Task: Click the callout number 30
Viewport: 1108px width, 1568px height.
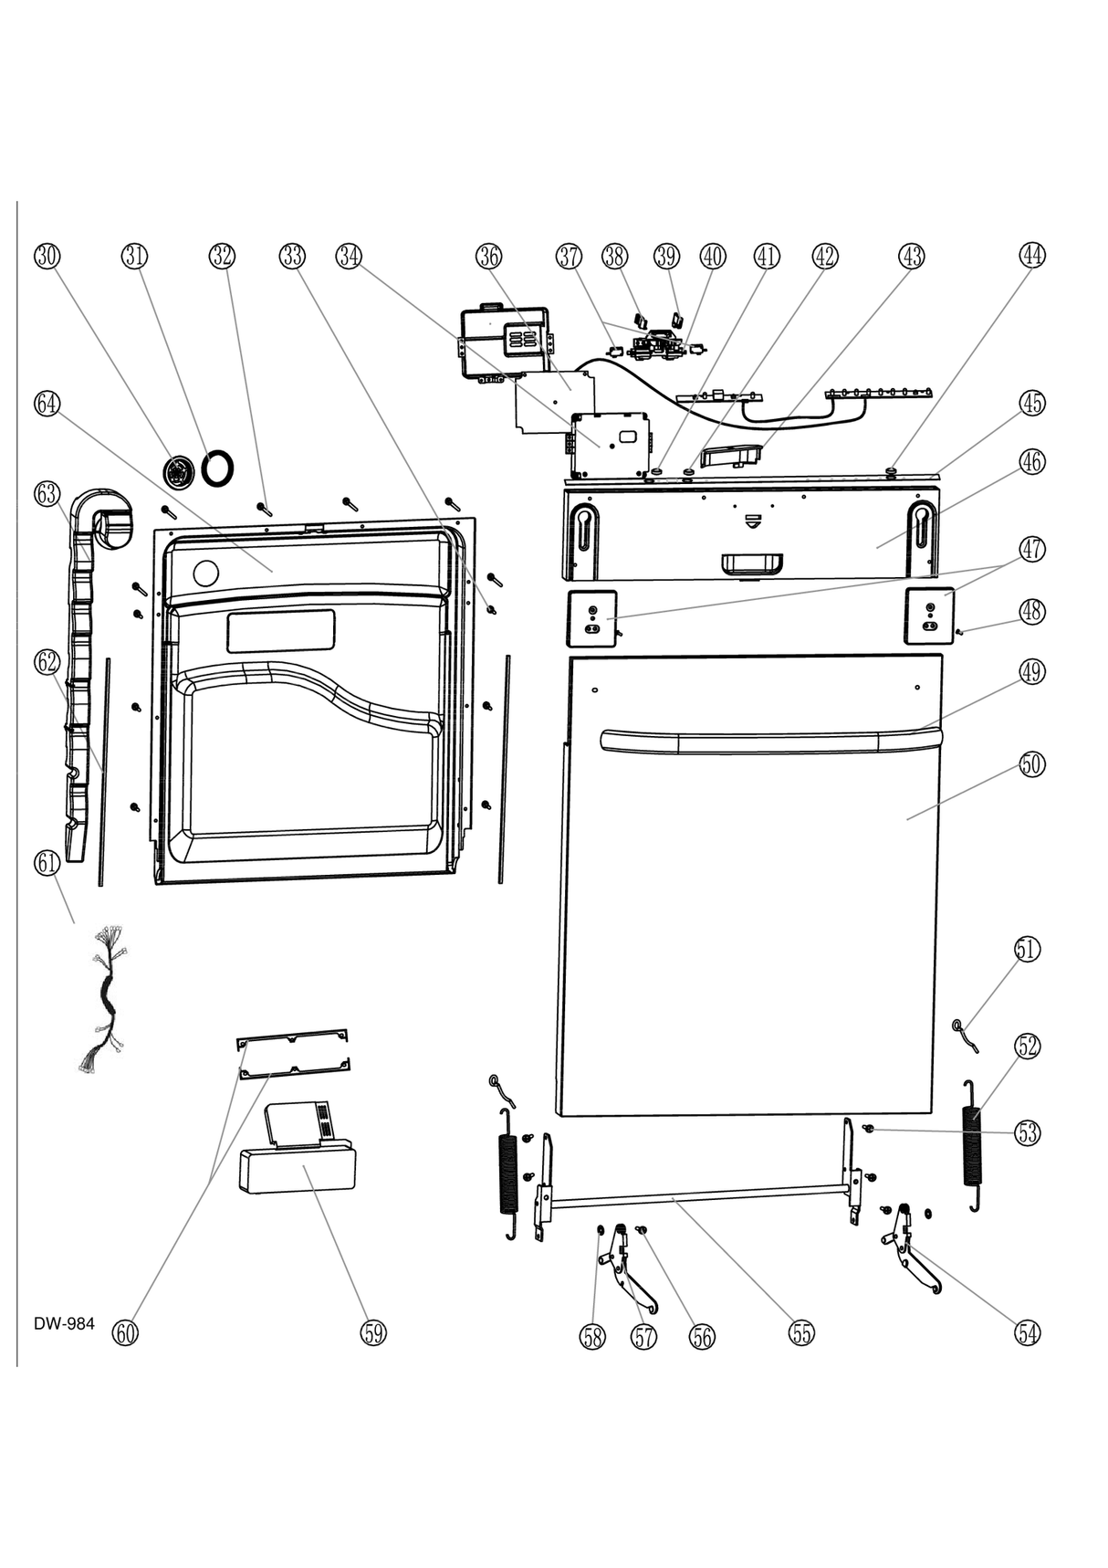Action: click(x=47, y=257)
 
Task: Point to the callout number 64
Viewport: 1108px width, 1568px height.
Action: click(x=47, y=403)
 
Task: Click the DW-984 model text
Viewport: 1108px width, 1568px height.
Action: click(x=64, y=1324)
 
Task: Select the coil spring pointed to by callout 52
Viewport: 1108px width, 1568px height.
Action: click(x=974, y=1145)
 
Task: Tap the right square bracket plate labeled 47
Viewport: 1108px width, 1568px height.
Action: click(x=929, y=616)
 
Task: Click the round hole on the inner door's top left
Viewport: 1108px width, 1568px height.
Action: click(x=206, y=574)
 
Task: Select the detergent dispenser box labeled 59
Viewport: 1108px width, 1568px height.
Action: click(x=297, y=1169)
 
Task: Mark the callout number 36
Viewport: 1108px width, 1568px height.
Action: click(x=489, y=257)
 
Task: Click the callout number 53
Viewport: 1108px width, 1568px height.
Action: click(x=1028, y=1133)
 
